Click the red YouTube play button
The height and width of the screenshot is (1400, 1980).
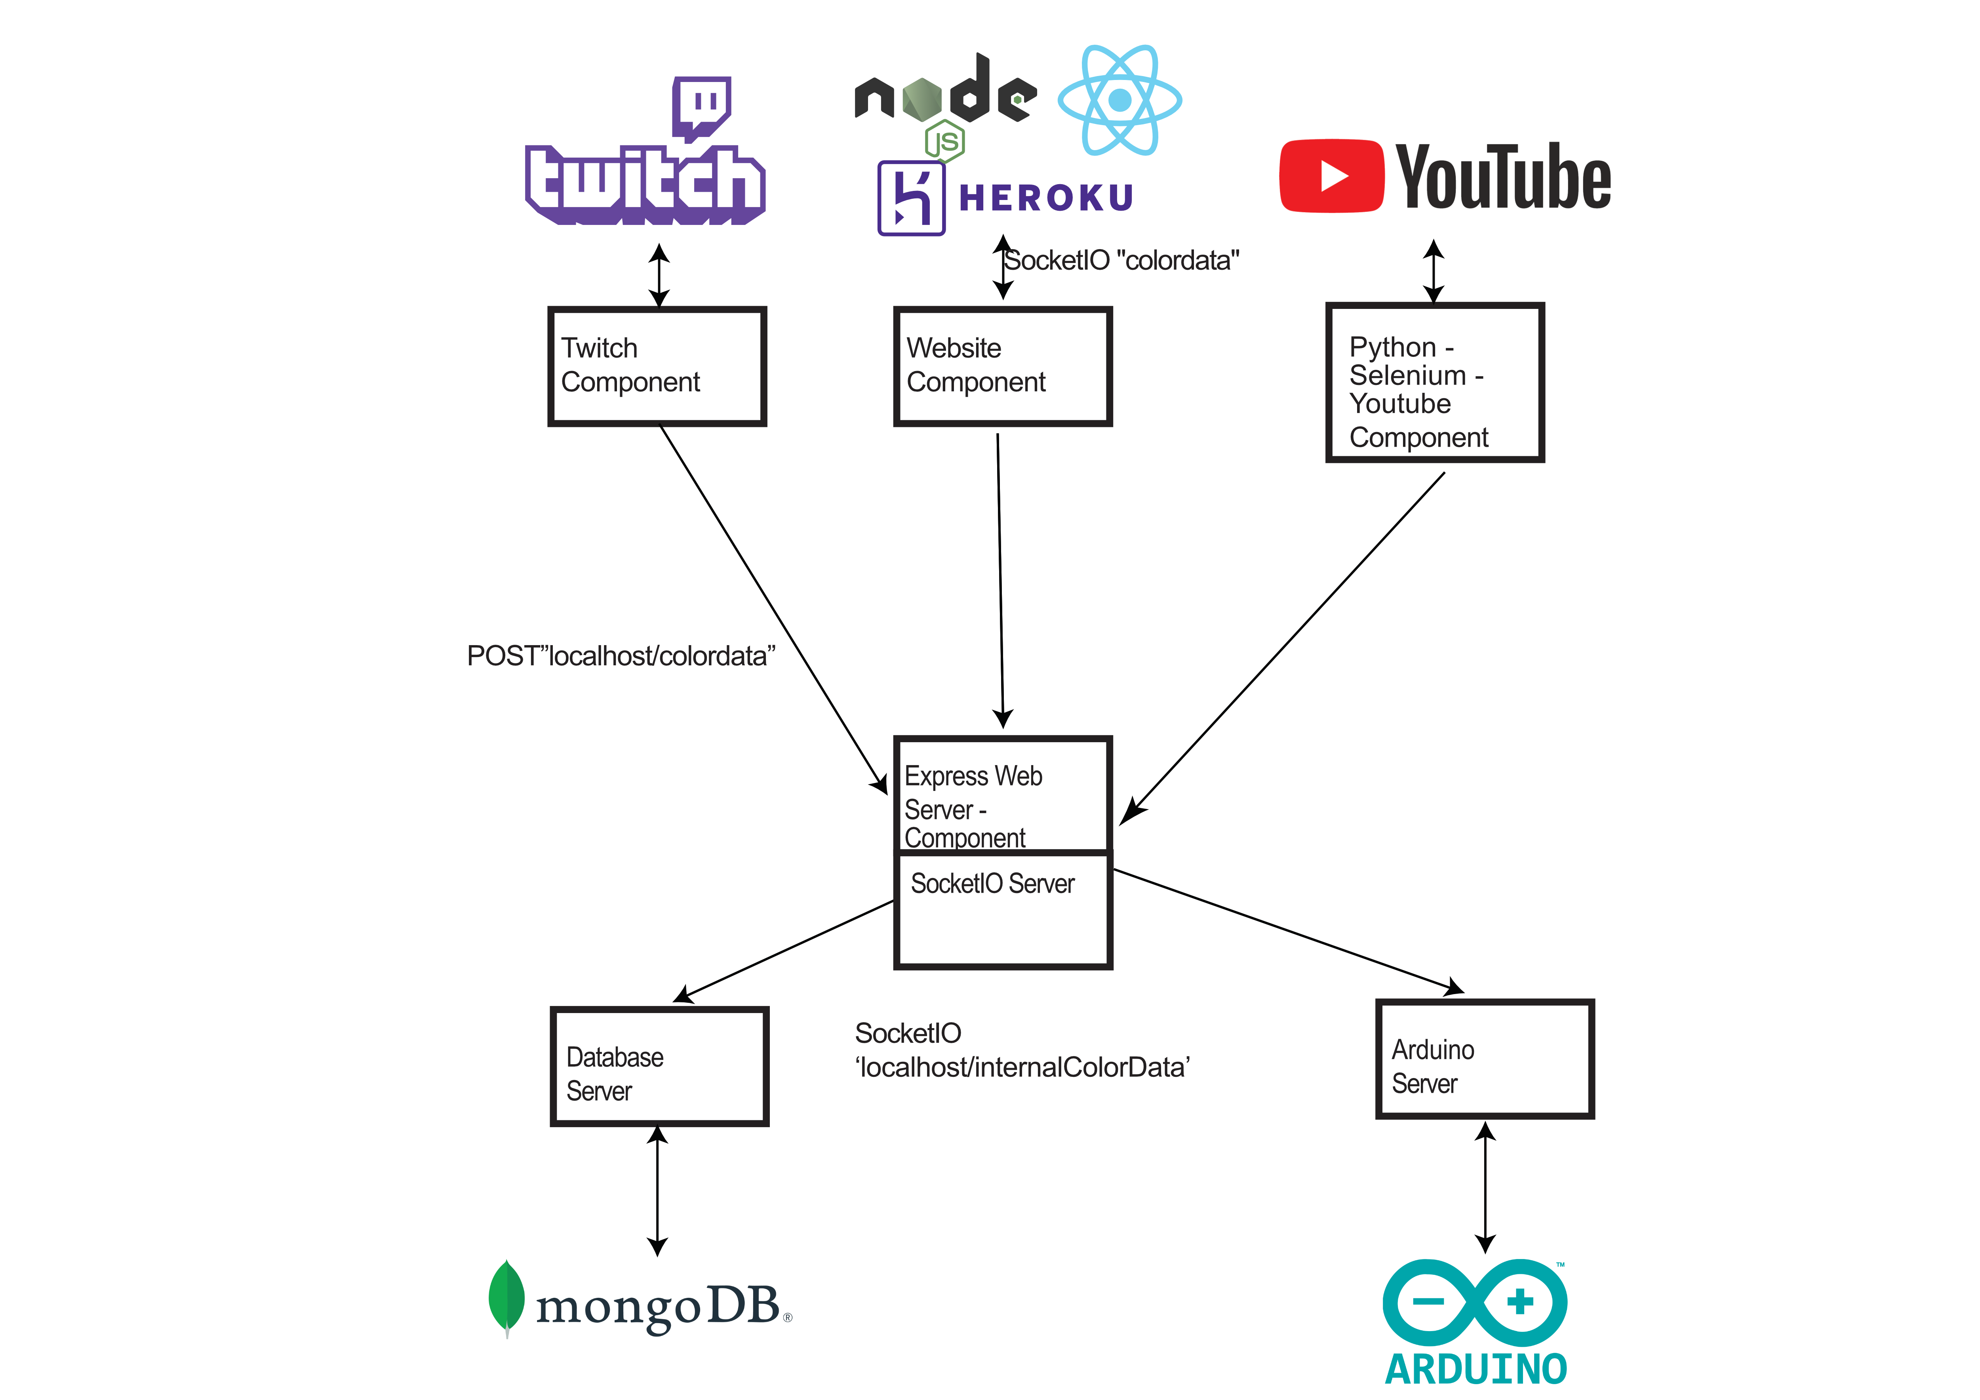tap(1331, 176)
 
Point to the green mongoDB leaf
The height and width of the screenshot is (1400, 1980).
tap(506, 1297)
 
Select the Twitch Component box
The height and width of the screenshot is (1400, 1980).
tap(657, 367)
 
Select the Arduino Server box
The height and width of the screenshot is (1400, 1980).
tap(1484, 1059)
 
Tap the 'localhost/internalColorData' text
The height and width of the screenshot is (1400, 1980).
tap(1022, 1068)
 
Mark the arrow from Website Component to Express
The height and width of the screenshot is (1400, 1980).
tap(1000, 578)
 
